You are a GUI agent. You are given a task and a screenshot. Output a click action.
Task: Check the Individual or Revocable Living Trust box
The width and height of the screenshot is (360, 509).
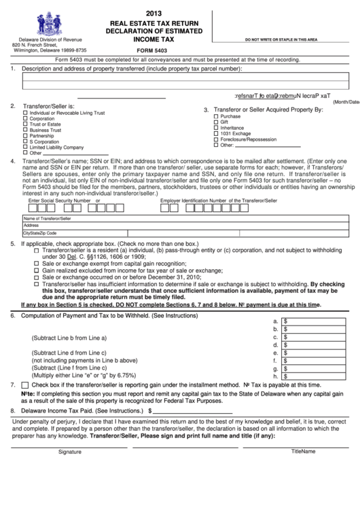(x=26, y=112)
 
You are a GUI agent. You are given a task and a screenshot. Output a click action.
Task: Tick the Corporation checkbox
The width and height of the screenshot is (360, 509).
(x=26, y=118)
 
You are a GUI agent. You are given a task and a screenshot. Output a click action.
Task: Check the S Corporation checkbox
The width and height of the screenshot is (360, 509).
(x=26, y=141)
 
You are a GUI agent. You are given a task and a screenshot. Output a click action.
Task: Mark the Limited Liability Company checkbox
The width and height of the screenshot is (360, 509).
(x=26, y=147)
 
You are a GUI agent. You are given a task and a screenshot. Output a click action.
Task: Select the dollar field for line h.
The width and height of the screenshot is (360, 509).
(x=318, y=375)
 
